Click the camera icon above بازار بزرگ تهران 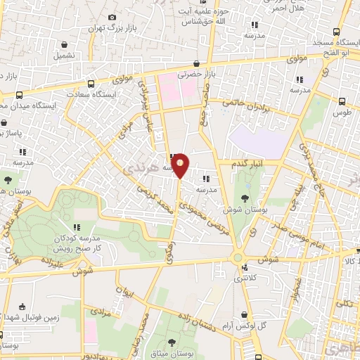pyautogui.click(x=112, y=17)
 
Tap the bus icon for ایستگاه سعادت pyautogui.click(x=88, y=82)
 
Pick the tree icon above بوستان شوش pyautogui.click(x=245, y=198)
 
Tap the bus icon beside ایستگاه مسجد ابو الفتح pyautogui.click(x=337, y=32)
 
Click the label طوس pyautogui.click(x=344, y=112)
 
